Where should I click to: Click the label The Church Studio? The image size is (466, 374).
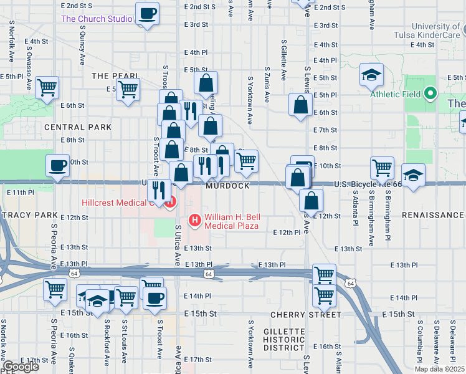click(96, 19)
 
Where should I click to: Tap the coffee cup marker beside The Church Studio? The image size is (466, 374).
click(147, 14)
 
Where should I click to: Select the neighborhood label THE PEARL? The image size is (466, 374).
click(115, 75)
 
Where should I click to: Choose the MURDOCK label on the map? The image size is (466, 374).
click(229, 186)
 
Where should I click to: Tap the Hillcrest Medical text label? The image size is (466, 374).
click(117, 203)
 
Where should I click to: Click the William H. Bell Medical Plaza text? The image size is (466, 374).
click(232, 221)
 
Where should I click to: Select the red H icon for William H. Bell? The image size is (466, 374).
click(195, 220)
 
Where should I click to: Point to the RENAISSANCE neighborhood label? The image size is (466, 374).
click(433, 215)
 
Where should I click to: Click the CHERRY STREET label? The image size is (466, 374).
click(306, 315)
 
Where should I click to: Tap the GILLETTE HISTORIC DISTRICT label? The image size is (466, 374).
click(283, 338)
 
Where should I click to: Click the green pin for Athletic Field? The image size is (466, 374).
click(430, 95)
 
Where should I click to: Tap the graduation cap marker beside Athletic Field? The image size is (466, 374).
click(371, 76)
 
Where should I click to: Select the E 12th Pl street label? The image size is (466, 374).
click(287, 232)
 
